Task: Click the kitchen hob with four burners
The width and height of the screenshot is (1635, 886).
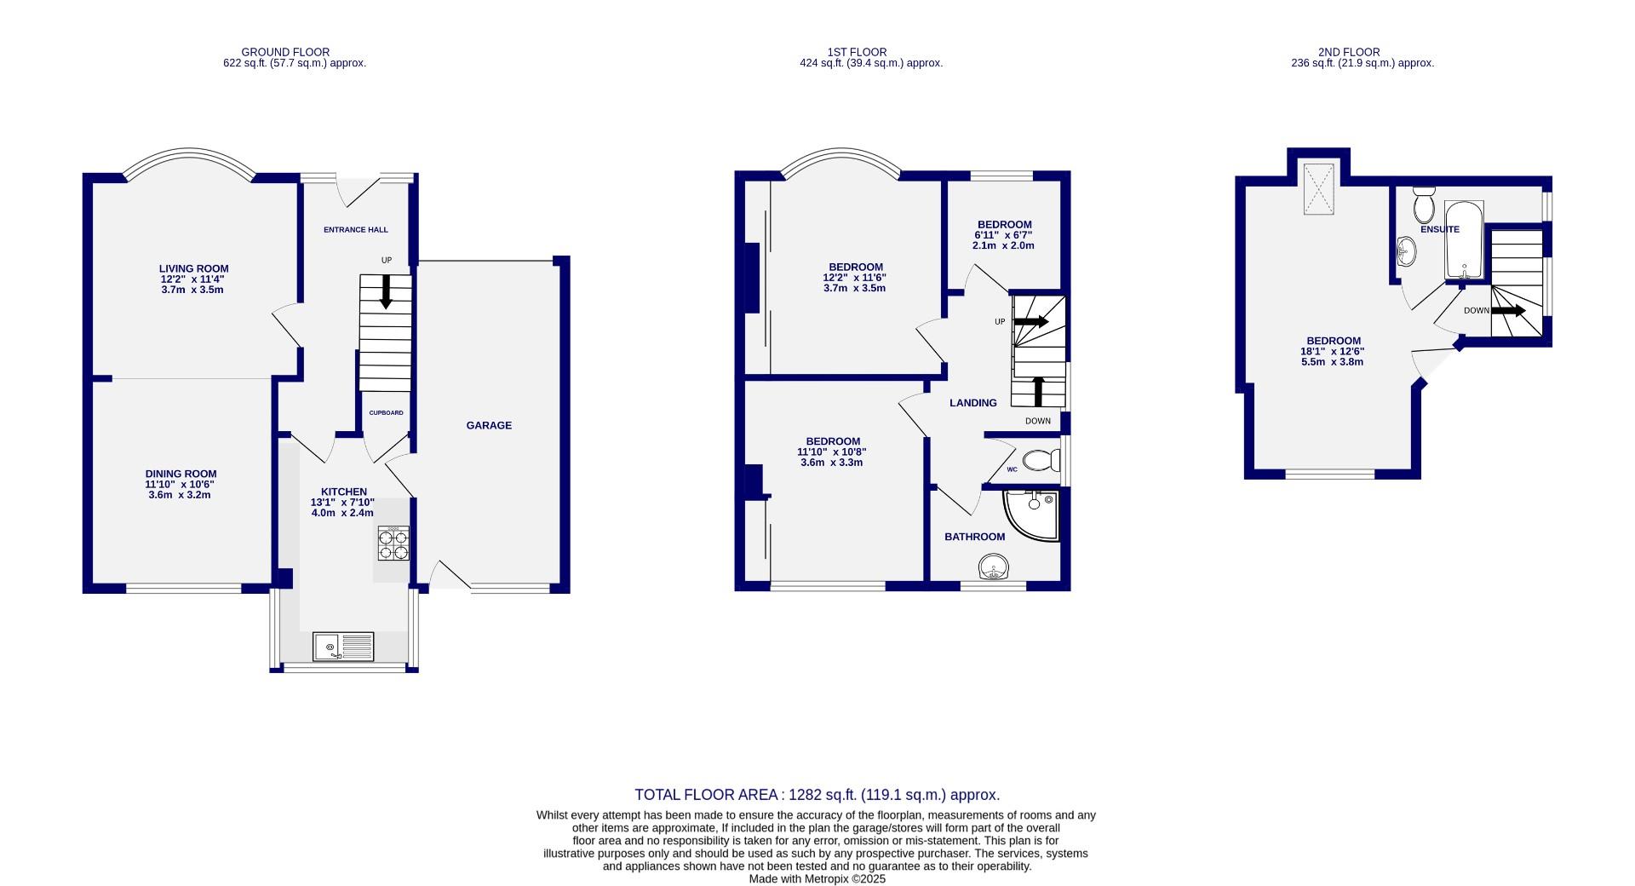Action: tap(393, 544)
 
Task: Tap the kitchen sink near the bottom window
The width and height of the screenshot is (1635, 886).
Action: tap(343, 647)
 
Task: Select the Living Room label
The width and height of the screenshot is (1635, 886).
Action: tap(194, 268)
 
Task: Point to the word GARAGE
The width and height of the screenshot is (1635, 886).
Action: tap(489, 425)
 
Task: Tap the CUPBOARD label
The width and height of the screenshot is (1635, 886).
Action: tap(386, 413)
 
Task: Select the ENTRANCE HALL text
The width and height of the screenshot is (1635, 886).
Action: tap(356, 230)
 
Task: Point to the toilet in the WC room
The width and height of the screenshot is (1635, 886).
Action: tap(1041, 461)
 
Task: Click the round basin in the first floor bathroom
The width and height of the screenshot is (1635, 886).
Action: tap(993, 567)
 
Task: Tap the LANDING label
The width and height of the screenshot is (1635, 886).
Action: tap(972, 403)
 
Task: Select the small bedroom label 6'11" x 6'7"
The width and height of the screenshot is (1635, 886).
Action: tap(1004, 234)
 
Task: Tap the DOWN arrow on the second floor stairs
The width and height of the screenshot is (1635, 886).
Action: tap(1507, 311)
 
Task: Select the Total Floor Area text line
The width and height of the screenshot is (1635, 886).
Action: tap(817, 795)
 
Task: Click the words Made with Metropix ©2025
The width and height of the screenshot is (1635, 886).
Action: tap(817, 879)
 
